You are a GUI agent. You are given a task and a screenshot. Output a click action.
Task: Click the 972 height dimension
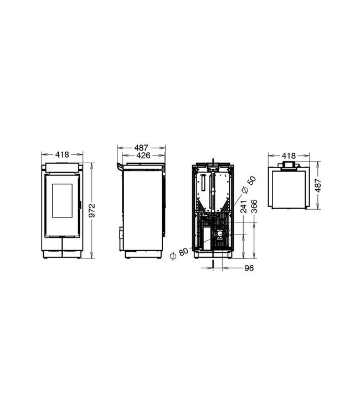(x=94, y=210)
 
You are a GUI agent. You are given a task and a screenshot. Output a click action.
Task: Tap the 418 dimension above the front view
(x=62, y=155)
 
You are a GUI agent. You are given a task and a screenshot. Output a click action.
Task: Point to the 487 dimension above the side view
(x=142, y=148)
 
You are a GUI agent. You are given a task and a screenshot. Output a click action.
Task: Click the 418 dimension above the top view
(x=289, y=156)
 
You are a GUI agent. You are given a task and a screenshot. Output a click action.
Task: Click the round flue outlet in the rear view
(x=222, y=236)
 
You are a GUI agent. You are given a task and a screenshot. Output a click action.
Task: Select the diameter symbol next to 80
(x=174, y=255)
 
